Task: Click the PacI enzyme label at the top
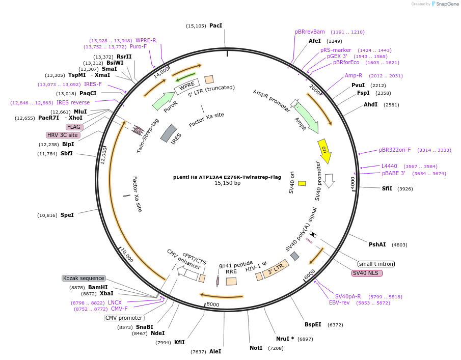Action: pyautogui.click(x=215, y=25)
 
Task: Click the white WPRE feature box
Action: pyautogui.click(x=187, y=86)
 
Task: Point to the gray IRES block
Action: pyautogui.click(x=169, y=133)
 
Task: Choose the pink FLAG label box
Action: pyautogui.click(x=74, y=127)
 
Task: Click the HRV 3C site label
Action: pyautogui.click(x=63, y=135)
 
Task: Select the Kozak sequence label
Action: pyautogui.click(x=84, y=279)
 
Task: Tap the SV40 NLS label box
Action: pyautogui.click(x=367, y=273)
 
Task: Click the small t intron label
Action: pyautogui.click(x=376, y=264)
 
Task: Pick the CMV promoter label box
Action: pyautogui.click(x=124, y=318)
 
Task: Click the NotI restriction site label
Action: pyautogui.click(x=256, y=348)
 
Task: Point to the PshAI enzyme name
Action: pyautogui.click(x=377, y=244)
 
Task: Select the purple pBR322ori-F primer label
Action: pyautogui.click(x=395, y=150)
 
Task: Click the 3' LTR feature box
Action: pyautogui.click(x=276, y=269)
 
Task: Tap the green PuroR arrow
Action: pyautogui.click(x=163, y=101)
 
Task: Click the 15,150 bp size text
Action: pyautogui.click(x=227, y=183)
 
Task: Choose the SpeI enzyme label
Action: pyautogui.click(x=67, y=215)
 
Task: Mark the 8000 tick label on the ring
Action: pyautogui.click(x=213, y=304)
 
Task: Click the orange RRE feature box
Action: pyautogui.click(x=231, y=281)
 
